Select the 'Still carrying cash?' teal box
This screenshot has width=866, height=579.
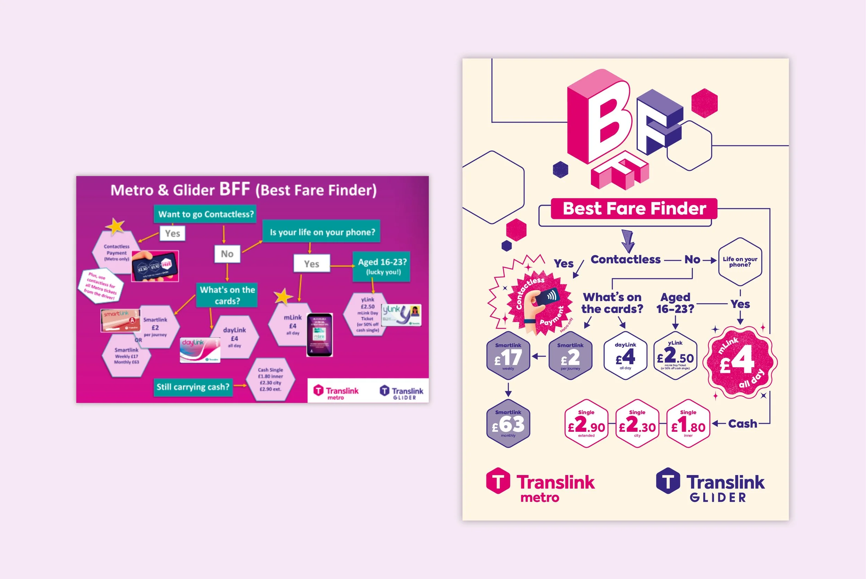pos(193,387)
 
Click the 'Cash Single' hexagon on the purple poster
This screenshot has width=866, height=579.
pos(271,379)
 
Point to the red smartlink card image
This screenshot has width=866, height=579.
pos(120,320)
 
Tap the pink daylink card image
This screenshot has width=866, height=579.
pos(200,350)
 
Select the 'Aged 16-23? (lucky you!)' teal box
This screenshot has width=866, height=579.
pos(382,266)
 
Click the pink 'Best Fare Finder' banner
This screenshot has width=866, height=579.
pos(634,209)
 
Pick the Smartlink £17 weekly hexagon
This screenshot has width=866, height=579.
pos(508,356)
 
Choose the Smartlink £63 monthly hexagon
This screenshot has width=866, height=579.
pos(508,423)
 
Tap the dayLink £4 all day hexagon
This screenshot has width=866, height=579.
pos(625,356)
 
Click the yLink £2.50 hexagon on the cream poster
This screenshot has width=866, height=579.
pos(675,356)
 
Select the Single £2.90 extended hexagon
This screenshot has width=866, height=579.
pos(586,423)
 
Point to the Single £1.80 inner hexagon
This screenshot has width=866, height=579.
pos(688,423)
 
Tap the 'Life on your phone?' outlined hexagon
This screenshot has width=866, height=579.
pos(740,262)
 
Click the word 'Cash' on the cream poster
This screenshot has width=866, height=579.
pos(742,423)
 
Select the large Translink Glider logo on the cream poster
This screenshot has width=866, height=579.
pos(710,485)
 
